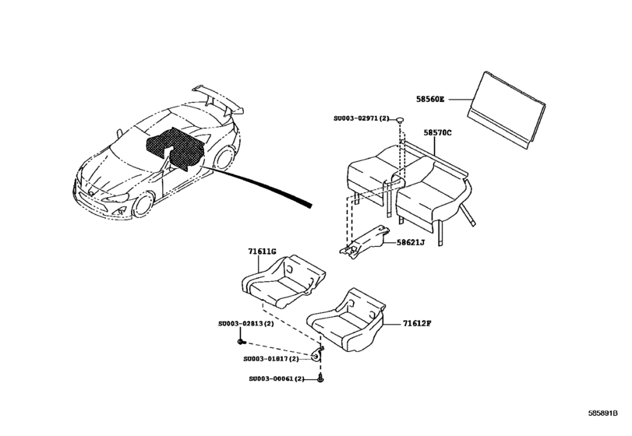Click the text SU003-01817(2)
(271, 360)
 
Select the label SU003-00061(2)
(277, 378)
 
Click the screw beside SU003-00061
(322, 378)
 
